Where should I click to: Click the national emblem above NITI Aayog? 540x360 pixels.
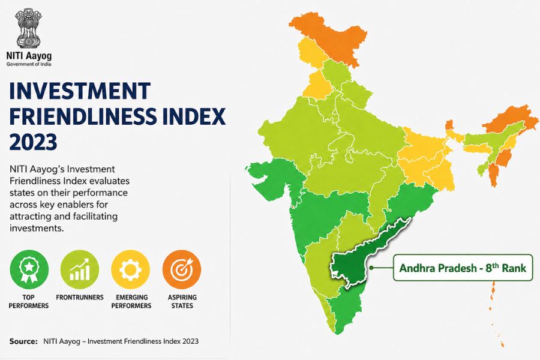(29, 29)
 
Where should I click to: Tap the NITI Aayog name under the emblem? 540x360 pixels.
(29, 56)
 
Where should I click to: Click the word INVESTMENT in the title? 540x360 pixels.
(80, 91)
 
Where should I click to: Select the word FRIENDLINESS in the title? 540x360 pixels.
(83, 116)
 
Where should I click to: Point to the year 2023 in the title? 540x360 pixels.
(33, 142)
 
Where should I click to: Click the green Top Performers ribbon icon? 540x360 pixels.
(29, 269)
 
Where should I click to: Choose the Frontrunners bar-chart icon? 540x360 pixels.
(80, 269)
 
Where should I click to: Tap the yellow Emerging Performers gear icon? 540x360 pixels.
(131, 269)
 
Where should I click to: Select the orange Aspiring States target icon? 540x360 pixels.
(182, 269)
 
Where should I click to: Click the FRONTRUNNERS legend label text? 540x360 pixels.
(80, 298)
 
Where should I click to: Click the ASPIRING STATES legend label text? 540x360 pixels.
(182, 301)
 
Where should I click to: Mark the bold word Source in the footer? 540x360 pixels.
(23, 341)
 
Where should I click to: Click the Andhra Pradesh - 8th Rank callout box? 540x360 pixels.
(463, 268)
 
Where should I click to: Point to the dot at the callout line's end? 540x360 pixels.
(371, 268)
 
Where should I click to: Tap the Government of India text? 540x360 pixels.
(29, 64)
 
